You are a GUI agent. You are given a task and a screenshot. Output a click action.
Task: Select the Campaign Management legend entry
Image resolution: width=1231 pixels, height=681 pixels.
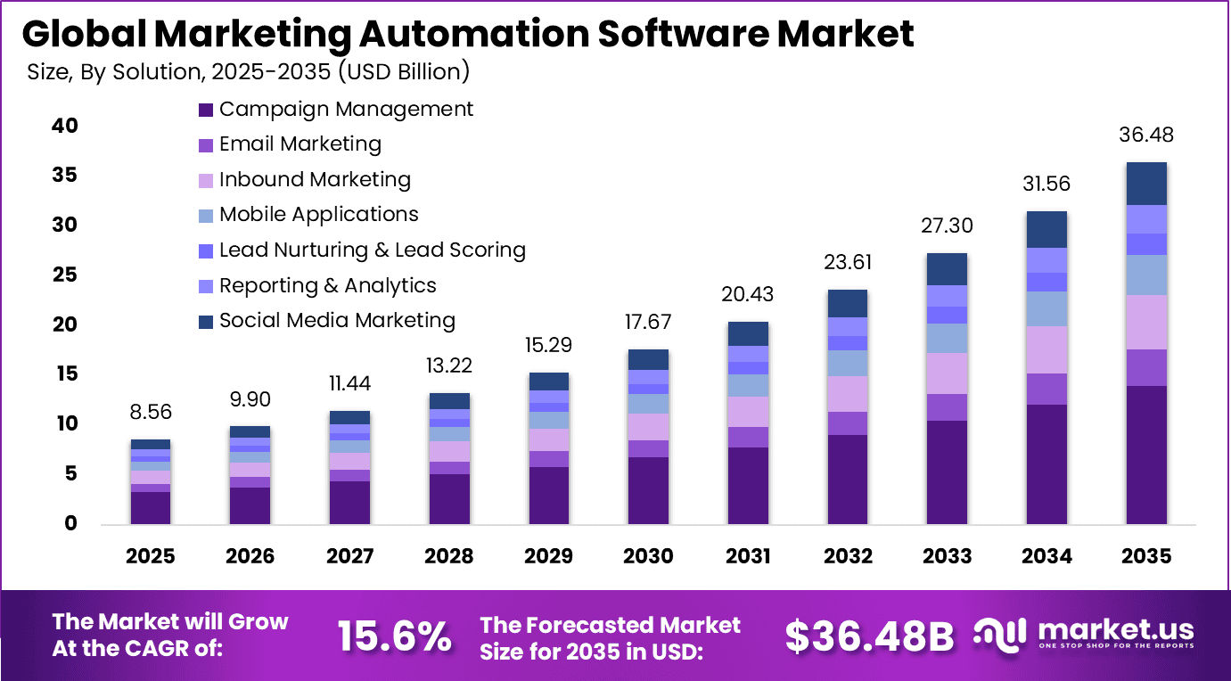coord(346,109)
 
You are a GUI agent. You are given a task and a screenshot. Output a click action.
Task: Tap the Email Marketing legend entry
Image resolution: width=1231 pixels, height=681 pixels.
coord(300,144)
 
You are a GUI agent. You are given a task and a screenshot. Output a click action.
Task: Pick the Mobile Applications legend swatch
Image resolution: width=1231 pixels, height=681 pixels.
coord(206,216)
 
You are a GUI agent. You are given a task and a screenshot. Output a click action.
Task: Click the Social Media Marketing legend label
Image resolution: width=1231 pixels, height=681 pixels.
coord(337,320)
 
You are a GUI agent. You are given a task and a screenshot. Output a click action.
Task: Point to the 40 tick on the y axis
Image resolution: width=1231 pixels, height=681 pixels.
coord(65,126)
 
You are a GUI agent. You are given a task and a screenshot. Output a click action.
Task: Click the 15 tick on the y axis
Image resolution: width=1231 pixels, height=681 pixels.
coord(65,373)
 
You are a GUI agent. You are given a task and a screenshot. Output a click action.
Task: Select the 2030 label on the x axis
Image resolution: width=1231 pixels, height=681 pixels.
coord(648,556)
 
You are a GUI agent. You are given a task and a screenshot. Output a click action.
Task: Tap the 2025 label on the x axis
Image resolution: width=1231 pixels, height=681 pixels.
coord(150,556)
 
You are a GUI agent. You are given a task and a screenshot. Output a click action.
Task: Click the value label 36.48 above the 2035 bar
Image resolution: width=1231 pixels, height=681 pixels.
coord(1146,135)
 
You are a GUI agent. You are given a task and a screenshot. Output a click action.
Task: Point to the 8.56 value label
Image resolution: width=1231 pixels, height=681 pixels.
coord(150,412)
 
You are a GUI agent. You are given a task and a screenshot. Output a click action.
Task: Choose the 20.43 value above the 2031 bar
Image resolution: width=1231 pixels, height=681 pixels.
coord(748,294)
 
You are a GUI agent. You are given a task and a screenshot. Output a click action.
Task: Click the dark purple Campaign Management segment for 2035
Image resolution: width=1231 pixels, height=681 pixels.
coord(1146,455)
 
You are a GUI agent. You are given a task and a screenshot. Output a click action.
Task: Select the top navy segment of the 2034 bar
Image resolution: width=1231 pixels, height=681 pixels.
coord(1046,229)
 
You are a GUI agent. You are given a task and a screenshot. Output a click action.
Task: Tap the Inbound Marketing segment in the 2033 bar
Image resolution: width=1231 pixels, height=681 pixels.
coord(947,373)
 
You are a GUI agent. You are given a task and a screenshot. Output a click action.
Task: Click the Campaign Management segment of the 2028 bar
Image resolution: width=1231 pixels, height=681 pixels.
coord(449,498)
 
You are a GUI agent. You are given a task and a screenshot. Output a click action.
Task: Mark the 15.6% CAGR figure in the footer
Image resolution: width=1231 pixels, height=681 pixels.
coord(394,636)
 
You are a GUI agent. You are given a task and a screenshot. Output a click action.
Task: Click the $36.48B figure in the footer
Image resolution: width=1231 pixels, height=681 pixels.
coord(868,636)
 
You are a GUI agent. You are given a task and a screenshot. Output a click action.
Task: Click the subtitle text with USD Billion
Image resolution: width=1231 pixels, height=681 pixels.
coord(249,71)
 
